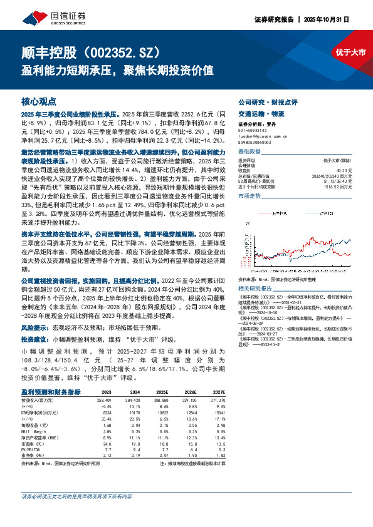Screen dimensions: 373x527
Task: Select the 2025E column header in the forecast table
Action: click(162, 392)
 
